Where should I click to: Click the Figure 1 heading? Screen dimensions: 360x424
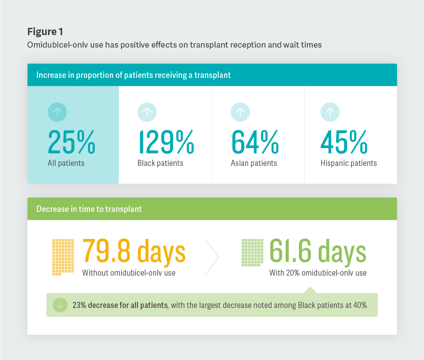coord(45,31)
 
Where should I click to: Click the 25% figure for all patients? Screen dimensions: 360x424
coord(71,142)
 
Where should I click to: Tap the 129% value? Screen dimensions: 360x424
coord(166,142)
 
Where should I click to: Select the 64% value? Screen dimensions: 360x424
coord(255,142)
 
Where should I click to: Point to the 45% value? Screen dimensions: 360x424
coord(344,142)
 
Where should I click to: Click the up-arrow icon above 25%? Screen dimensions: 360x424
coord(57,112)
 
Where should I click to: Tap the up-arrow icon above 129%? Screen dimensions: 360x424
coord(147,112)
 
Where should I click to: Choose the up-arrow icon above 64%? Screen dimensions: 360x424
coord(240,112)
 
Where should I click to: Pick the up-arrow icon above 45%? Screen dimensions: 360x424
coord(330,112)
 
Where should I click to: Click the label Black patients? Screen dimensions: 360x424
coord(160,163)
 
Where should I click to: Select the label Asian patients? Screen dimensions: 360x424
coord(254,163)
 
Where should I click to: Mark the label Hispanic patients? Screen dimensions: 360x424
coord(349,163)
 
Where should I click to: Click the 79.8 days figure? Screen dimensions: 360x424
coord(134,251)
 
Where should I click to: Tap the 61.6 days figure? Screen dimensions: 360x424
coord(317,251)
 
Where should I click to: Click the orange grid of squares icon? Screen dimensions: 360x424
coord(63,257)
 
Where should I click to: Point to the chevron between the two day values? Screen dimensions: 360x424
coord(212,256)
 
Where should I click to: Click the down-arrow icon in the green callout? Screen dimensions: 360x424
coord(60,305)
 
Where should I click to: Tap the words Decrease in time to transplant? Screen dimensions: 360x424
coord(89,209)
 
